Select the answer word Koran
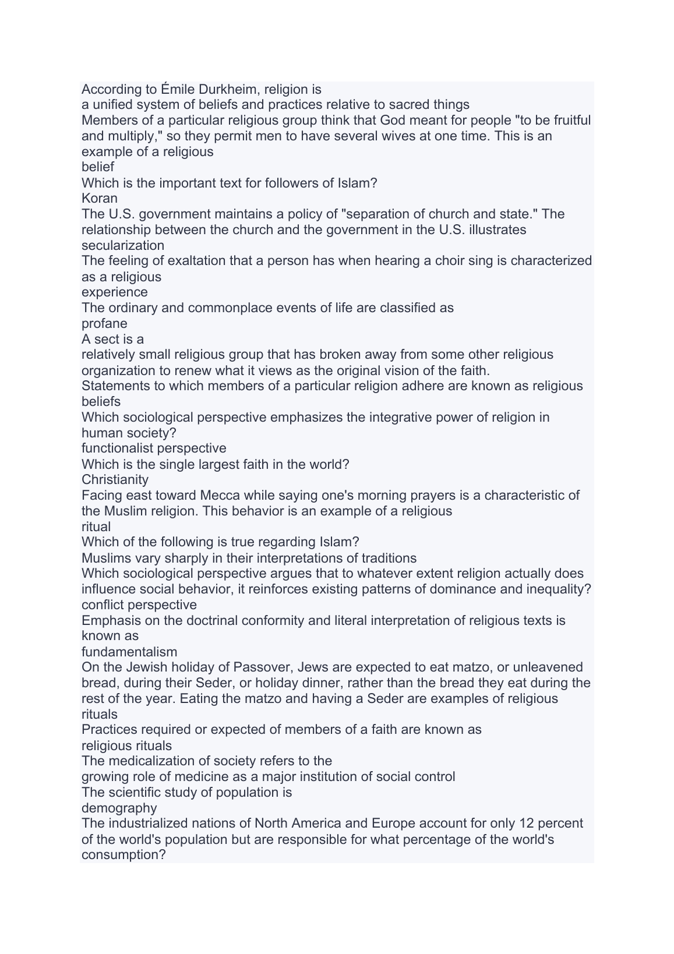point(100,198)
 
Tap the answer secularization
point(123,245)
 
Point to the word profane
point(104,323)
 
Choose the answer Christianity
point(115,479)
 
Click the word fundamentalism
point(129,652)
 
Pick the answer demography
point(119,808)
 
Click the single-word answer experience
point(115,292)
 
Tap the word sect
point(103,339)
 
